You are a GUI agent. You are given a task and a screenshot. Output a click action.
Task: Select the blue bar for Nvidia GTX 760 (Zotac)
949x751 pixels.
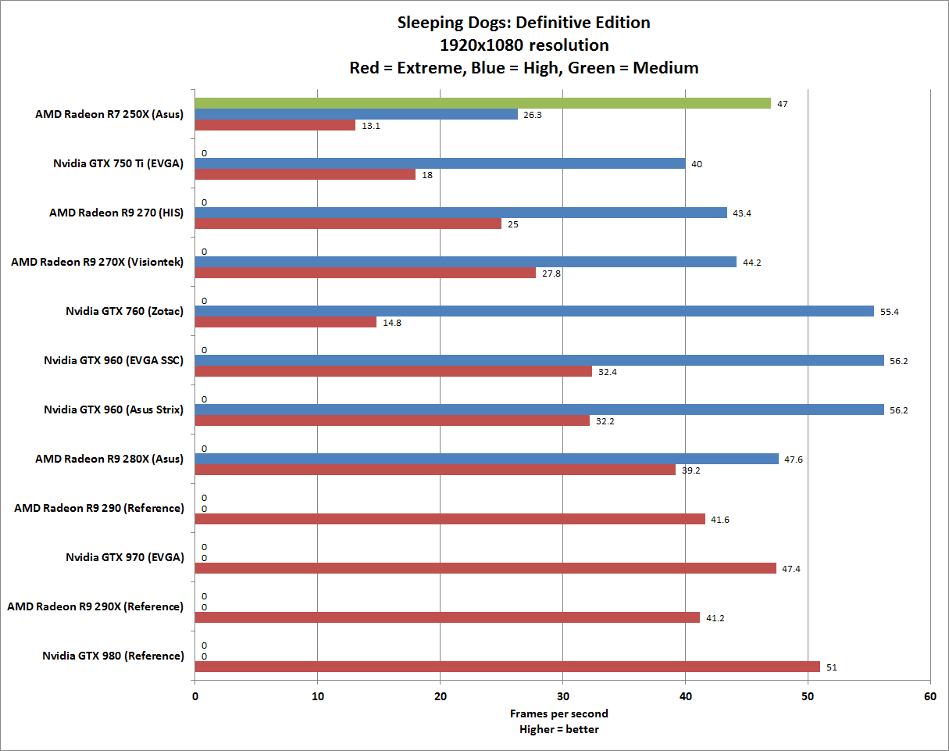534,311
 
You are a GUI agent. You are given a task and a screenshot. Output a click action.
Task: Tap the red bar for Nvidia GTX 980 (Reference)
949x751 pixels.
507,667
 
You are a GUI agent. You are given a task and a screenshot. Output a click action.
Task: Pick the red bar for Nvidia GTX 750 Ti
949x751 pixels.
305,174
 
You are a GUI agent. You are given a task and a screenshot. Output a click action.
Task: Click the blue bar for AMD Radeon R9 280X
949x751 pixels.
487,459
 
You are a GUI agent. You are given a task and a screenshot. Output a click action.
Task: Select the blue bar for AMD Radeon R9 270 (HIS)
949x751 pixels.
461,213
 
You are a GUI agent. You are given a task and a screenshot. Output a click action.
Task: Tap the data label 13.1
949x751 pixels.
370,126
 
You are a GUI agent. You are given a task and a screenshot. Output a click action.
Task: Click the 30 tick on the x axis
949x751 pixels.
562,696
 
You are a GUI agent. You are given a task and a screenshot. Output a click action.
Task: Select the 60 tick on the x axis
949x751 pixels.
929,696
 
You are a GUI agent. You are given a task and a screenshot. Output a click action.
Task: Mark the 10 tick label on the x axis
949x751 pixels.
317,696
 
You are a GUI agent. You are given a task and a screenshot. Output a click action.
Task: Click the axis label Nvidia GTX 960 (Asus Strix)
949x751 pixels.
113,409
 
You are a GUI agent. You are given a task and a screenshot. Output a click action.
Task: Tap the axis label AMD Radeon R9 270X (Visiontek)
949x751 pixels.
97,262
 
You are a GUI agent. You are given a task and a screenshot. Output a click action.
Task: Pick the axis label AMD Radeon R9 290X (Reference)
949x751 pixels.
95,606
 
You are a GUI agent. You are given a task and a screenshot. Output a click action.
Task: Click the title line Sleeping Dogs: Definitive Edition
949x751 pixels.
524,23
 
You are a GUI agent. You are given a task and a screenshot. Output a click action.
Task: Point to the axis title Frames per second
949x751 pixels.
559,713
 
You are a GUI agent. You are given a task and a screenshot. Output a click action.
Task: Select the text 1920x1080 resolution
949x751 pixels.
524,45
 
